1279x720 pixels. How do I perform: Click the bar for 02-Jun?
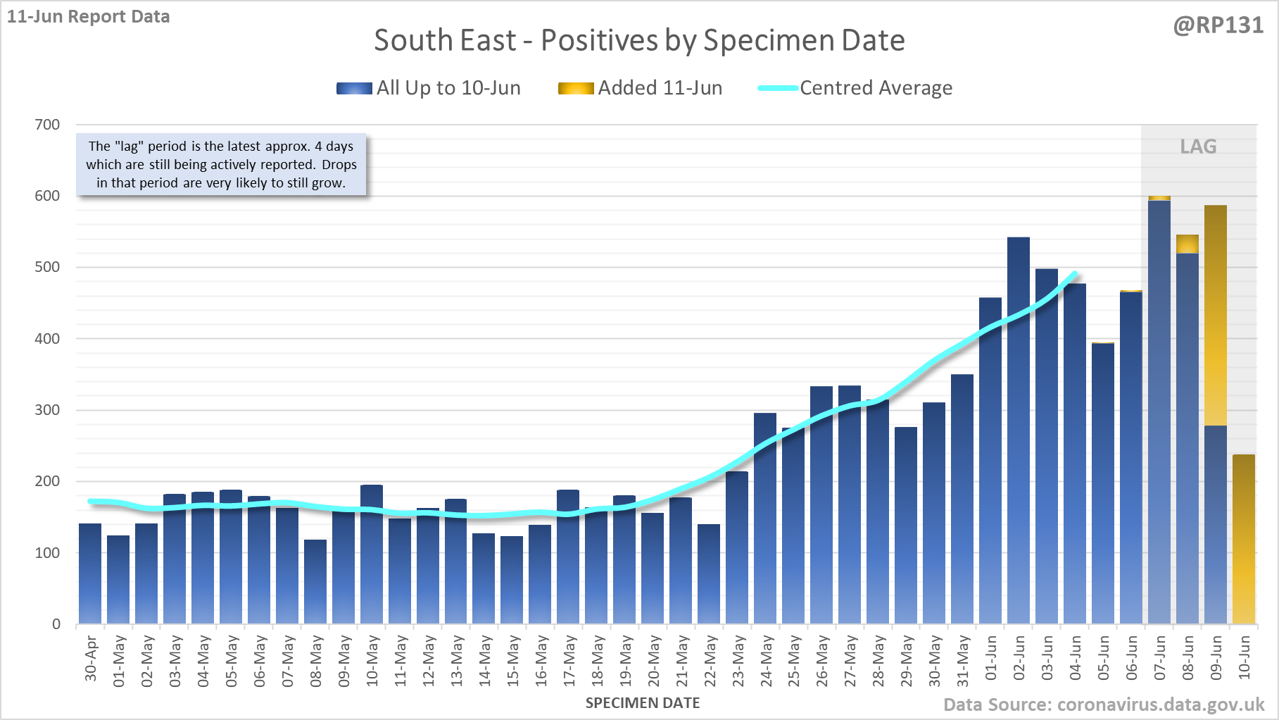(x=1018, y=430)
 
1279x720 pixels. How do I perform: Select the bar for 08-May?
(x=315, y=581)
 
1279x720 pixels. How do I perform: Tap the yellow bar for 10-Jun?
(x=1244, y=539)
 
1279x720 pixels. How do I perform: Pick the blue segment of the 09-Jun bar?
(x=1216, y=524)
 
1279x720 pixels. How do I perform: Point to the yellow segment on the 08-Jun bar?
(x=1187, y=244)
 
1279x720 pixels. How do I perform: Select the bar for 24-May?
(x=765, y=518)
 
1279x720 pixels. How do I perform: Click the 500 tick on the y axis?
(x=47, y=267)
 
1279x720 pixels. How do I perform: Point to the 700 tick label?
(x=47, y=125)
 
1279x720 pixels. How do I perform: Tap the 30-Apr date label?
(x=91, y=659)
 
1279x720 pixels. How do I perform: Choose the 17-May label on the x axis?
(x=569, y=661)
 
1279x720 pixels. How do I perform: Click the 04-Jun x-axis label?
(x=1075, y=658)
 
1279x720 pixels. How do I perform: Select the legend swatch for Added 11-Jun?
(x=576, y=88)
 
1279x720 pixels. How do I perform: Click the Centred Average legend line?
(x=778, y=88)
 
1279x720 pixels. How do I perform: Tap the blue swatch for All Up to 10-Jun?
(x=354, y=88)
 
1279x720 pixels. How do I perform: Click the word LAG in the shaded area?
(x=1198, y=147)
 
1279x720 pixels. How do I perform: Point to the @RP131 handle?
(x=1218, y=25)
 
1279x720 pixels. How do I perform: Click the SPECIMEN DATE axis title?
(x=643, y=703)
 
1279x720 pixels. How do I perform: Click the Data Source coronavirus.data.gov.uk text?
(x=1104, y=705)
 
